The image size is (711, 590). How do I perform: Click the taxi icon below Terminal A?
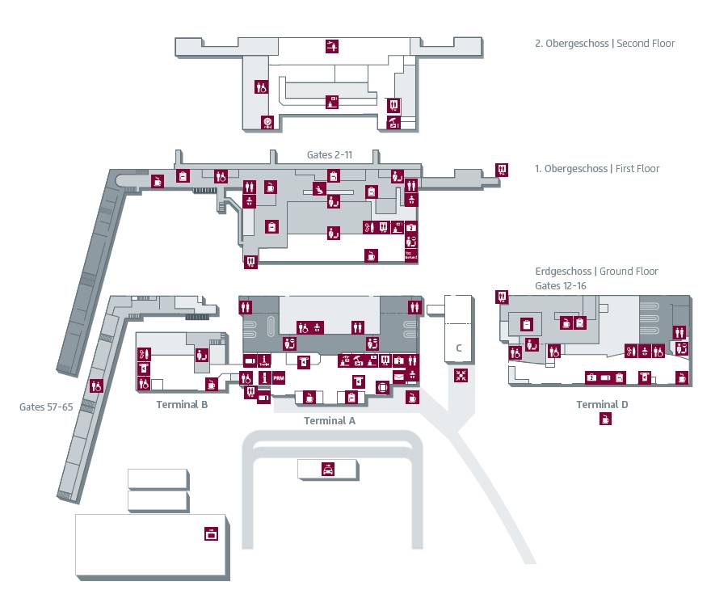[x=328, y=469]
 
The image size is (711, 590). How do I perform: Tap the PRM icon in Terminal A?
[x=278, y=378]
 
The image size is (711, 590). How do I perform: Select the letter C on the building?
[x=458, y=348]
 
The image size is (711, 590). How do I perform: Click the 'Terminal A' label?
[x=329, y=420]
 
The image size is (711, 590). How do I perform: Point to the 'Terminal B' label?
[x=182, y=404]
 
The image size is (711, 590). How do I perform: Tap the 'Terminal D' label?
[x=602, y=404]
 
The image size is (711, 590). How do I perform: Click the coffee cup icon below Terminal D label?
[x=605, y=419]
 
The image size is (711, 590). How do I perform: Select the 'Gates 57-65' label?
[x=46, y=407]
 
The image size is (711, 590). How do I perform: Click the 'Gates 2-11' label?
[x=330, y=154]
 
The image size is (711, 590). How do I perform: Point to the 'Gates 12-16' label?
[x=561, y=286]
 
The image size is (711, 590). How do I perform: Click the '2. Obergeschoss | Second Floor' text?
[x=604, y=44]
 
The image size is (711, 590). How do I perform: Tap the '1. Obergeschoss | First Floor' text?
[x=597, y=169]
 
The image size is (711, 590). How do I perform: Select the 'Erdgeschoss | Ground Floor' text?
[x=596, y=272]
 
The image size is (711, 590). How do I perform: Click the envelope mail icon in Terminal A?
[x=399, y=376]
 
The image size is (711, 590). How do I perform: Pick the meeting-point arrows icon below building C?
[x=461, y=375]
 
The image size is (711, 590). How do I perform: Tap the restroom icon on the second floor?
[x=261, y=86]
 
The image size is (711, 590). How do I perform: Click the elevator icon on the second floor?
[x=393, y=104]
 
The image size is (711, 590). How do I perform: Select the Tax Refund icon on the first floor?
[x=410, y=255]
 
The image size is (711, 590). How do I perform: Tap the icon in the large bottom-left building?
[x=212, y=533]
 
